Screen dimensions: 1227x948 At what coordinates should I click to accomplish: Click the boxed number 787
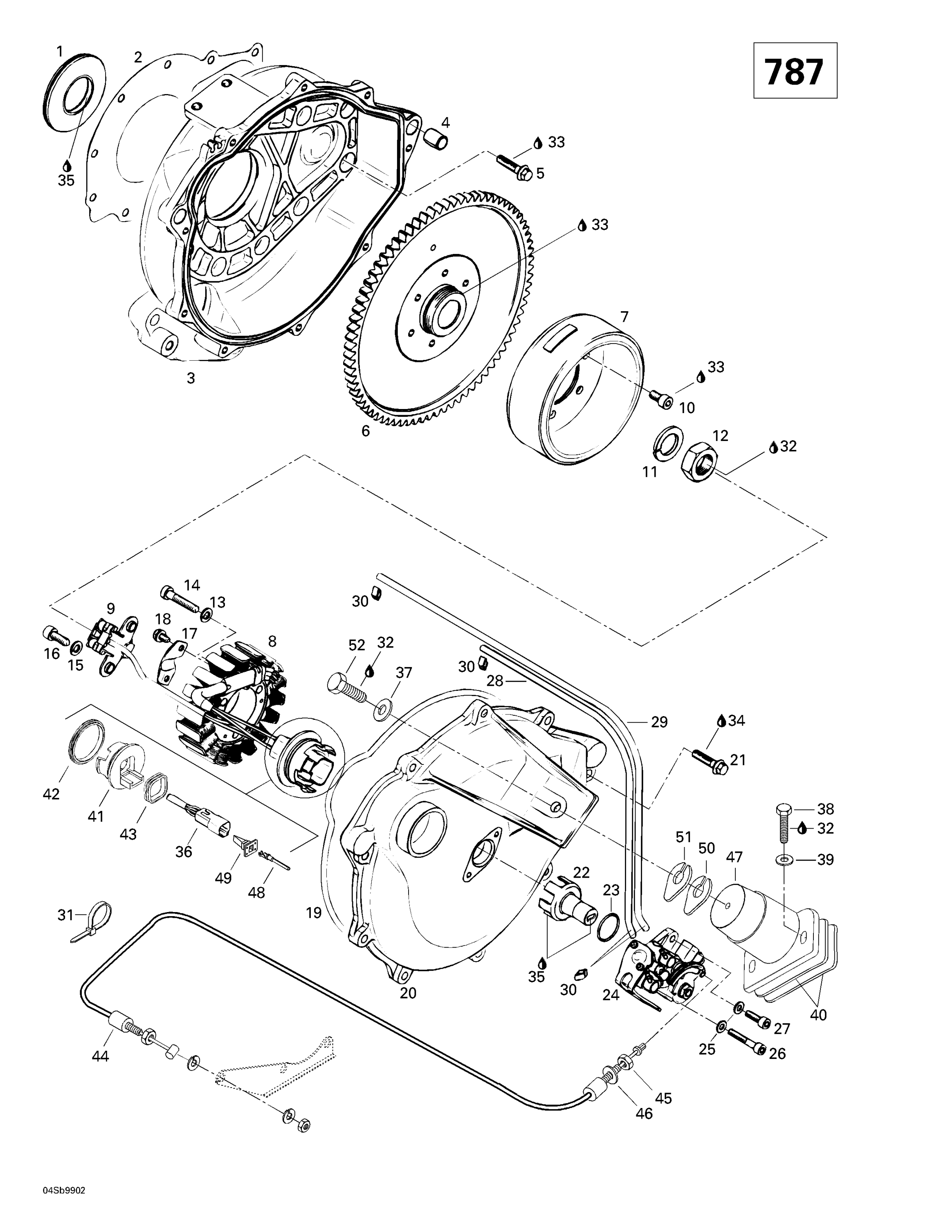[794, 71]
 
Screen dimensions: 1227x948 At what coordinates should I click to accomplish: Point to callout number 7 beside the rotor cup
[625, 317]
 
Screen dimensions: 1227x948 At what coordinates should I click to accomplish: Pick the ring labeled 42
[87, 743]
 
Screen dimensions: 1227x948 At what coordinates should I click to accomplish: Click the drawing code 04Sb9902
[63, 1174]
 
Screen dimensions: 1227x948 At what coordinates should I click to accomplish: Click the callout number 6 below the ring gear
[366, 431]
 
